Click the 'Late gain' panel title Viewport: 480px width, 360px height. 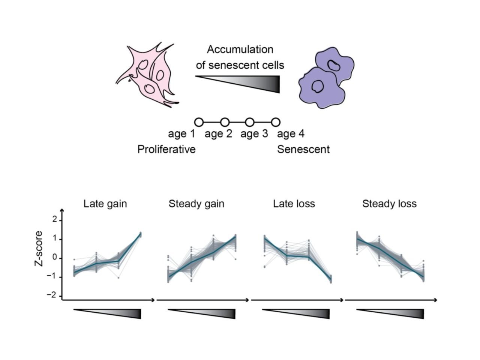click(105, 204)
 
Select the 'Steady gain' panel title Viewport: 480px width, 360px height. click(196, 204)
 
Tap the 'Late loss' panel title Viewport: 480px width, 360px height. click(294, 204)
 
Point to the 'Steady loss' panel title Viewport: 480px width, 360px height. click(389, 204)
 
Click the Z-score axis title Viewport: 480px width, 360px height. click(39, 249)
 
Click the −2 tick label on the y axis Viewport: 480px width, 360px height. click(52, 295)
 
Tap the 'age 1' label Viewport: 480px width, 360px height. click(181, 133)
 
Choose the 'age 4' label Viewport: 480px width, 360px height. click(291, 133)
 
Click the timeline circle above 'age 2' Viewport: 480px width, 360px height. click(225, 122)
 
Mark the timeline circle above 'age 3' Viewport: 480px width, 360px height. click(250, 122)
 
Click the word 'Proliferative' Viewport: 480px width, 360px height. click(166, 150)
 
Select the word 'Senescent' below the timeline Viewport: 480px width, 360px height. click(303, 150)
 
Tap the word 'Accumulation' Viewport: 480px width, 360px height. click(240, 49)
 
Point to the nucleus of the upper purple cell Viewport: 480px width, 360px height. click(333, 65)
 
